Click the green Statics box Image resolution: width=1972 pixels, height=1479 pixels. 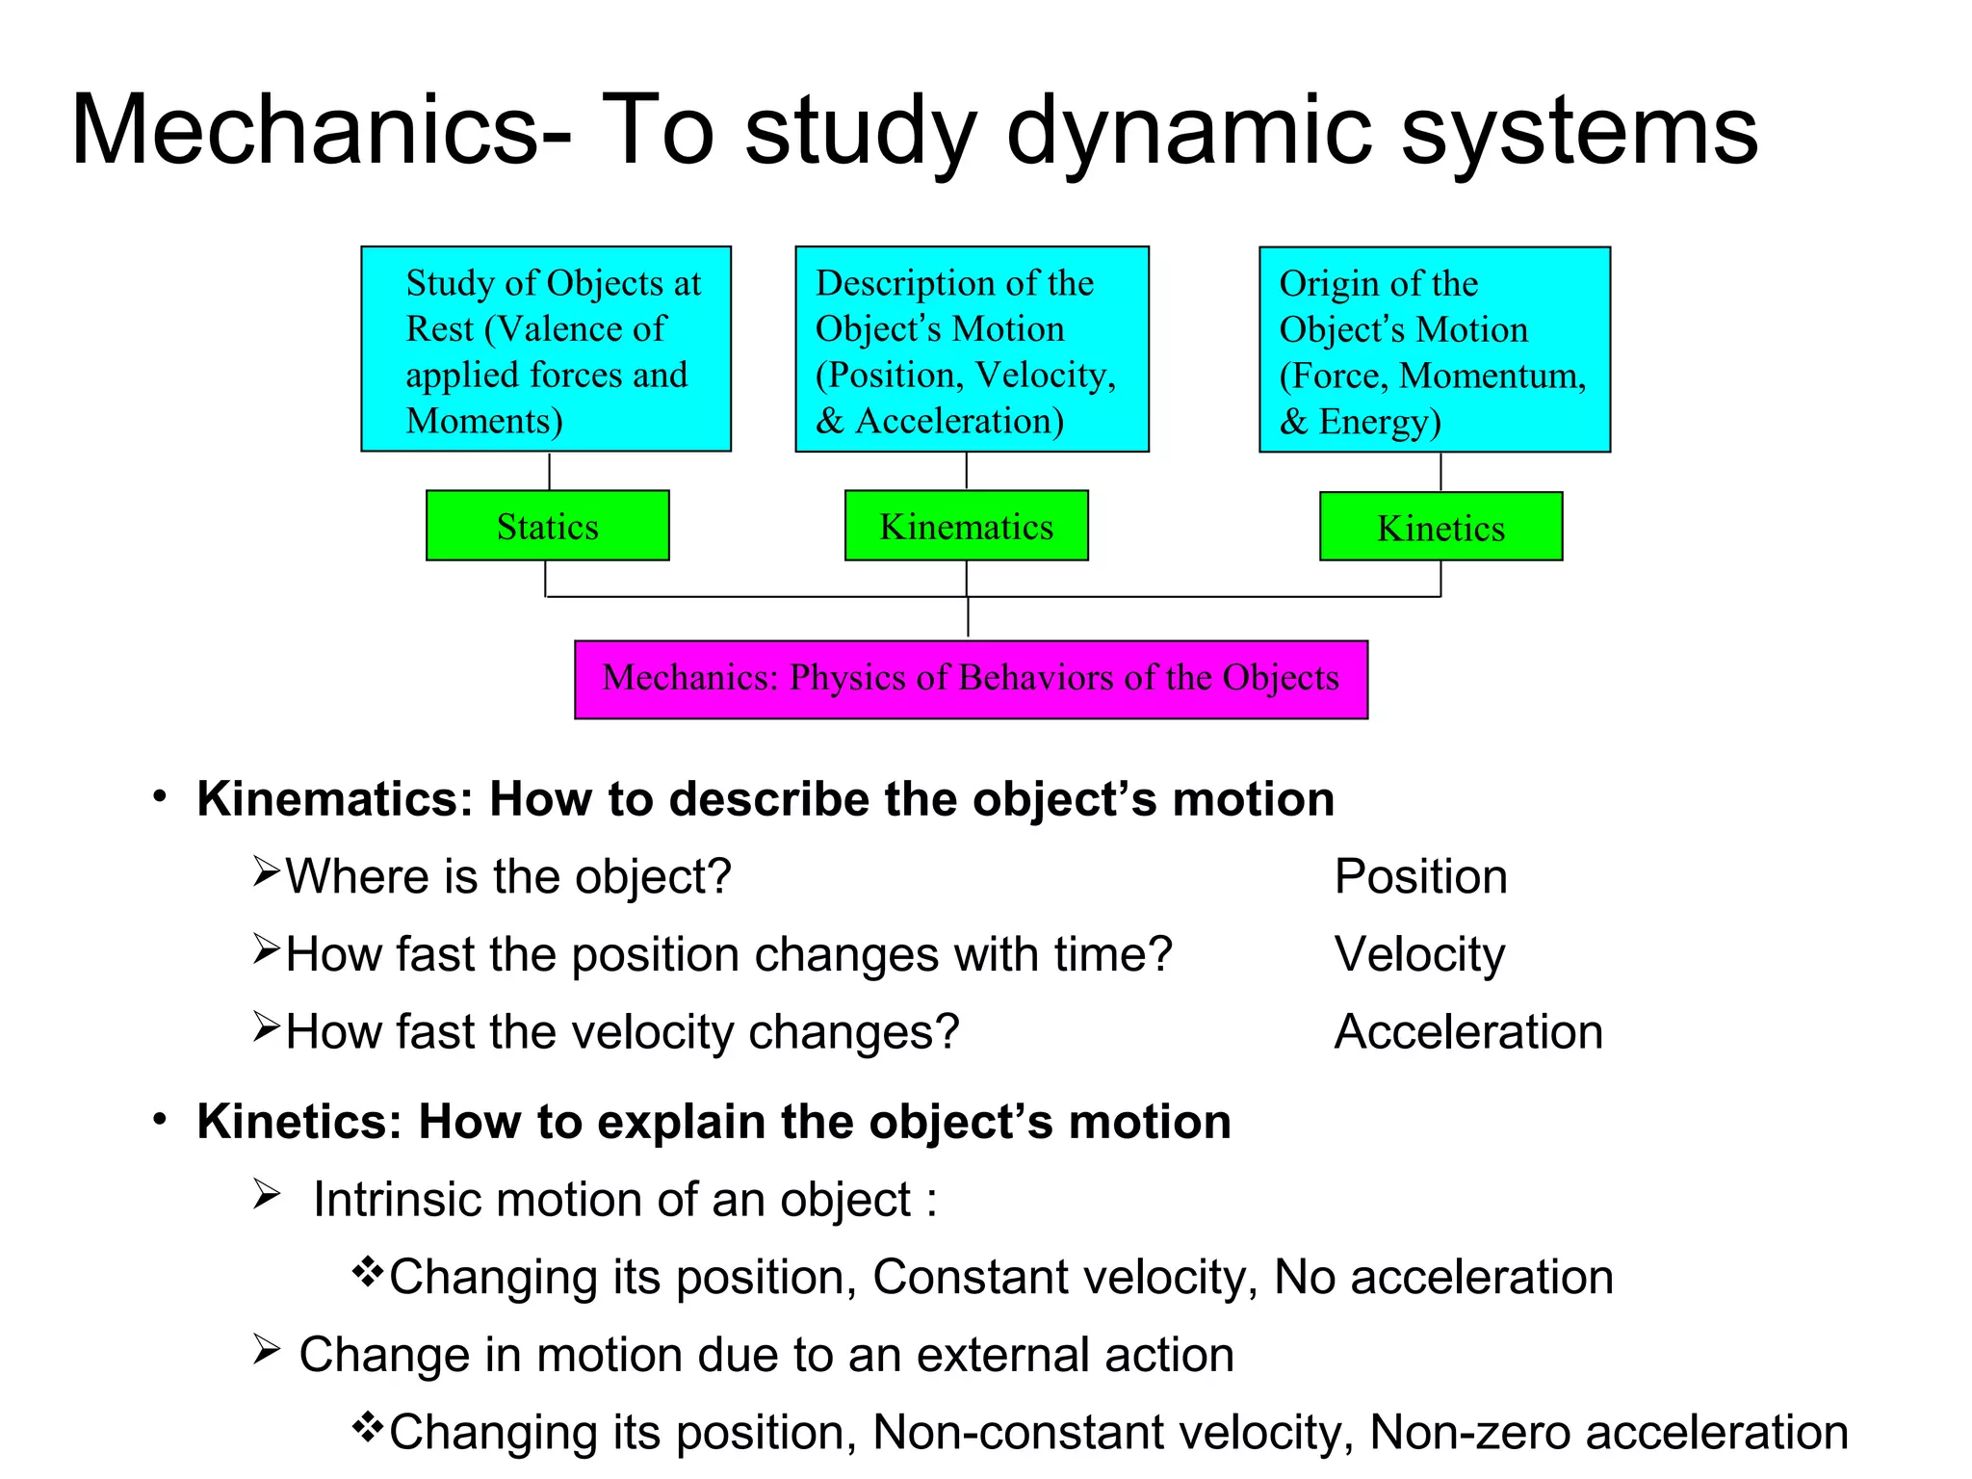pos(547,526)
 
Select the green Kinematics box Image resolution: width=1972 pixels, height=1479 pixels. pos(966,526)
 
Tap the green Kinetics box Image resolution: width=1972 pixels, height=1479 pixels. pos(1440,527)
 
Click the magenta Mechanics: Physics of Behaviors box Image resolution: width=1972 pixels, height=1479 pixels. pos(971,679)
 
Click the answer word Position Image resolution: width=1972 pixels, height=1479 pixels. pos(1420,877)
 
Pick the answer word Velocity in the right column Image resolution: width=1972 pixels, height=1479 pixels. pos(1419,955)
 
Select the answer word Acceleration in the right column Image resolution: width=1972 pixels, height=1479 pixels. pos(1468,1032)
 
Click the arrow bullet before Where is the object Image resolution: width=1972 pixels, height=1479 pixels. pos(266,871)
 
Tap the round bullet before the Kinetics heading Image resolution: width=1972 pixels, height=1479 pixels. pos(160,1119)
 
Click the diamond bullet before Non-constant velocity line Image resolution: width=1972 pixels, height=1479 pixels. pos(367,1426)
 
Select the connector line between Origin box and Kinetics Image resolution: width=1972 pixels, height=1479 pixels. pos(1440,472)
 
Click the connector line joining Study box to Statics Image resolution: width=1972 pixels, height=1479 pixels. pos(549,471)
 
